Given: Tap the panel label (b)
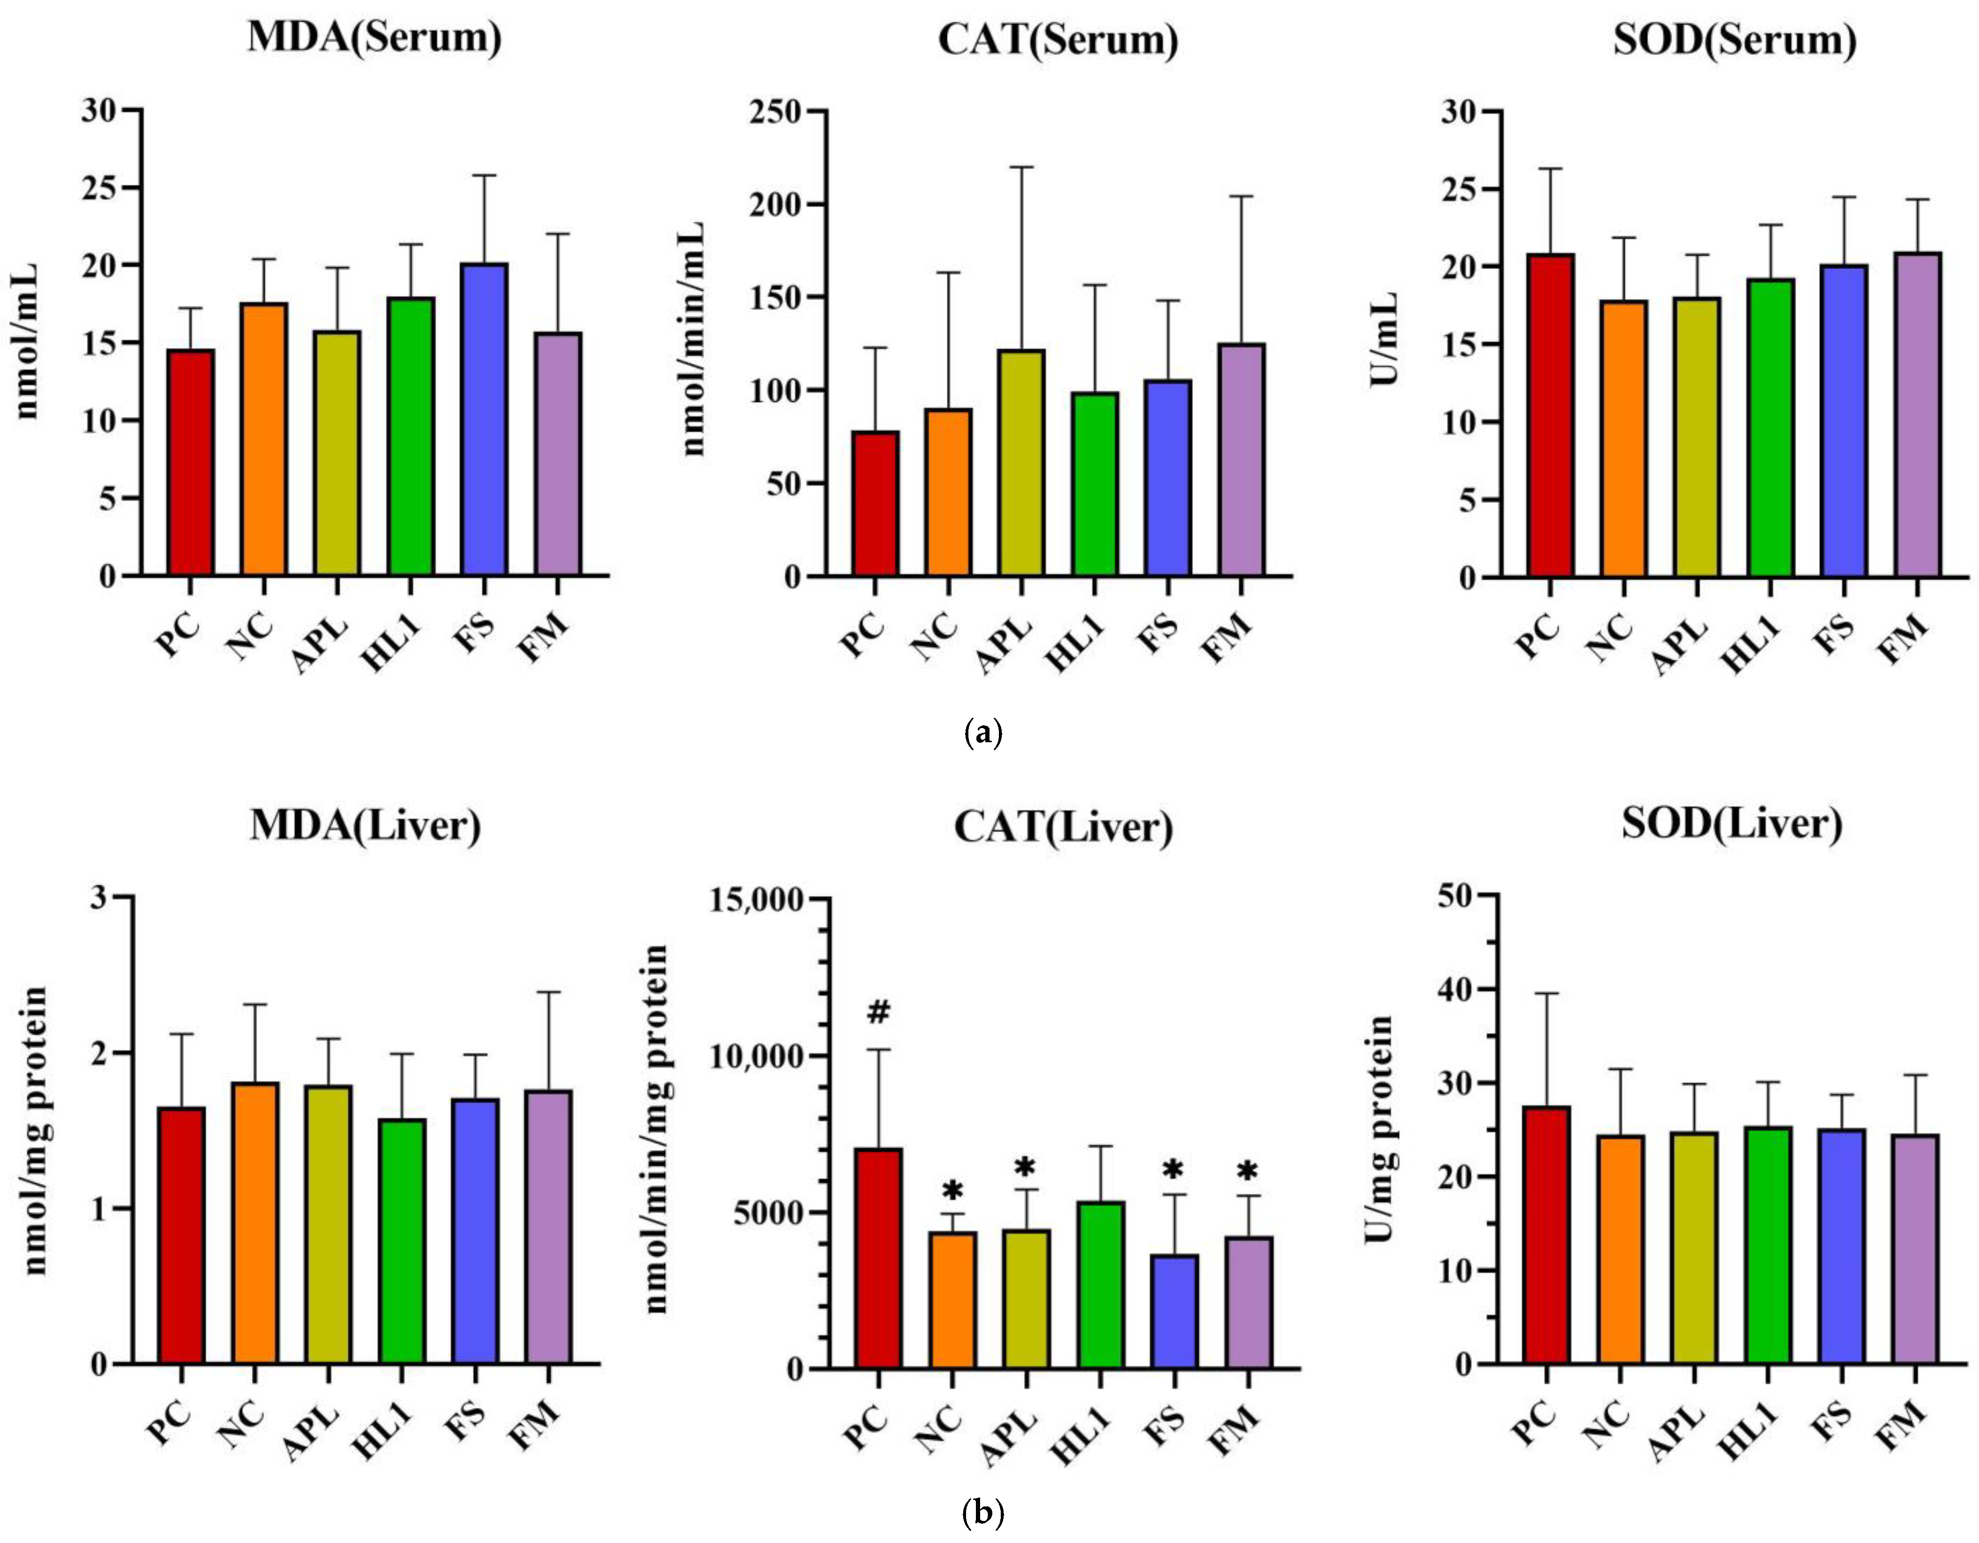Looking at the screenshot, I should point(984,1512).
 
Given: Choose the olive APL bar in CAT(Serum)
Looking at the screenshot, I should point(1021,463).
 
